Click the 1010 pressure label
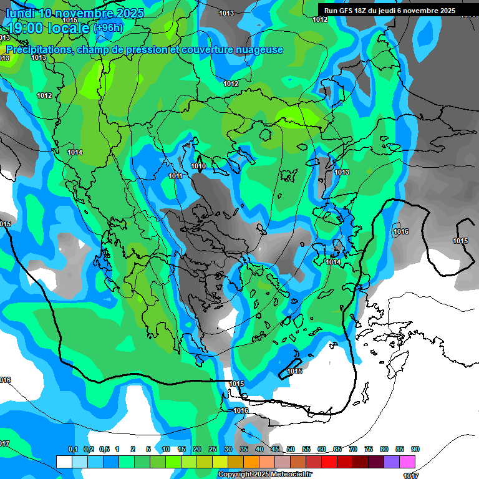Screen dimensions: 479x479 198,166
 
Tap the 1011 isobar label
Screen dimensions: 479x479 175,177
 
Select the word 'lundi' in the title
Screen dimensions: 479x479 20,13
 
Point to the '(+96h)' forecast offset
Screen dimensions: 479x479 108,28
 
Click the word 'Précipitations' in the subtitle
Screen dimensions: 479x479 38,49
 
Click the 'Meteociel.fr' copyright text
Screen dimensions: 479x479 287,475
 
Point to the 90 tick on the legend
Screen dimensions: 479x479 415,449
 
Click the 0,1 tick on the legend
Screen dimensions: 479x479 72,449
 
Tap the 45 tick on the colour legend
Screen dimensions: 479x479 275,449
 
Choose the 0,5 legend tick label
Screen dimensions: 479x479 104,449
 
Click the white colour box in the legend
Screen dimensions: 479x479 64,462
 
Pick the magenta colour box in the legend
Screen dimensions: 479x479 407,462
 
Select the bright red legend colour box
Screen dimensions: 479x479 329,462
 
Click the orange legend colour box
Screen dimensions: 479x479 251,462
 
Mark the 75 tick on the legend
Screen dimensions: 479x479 369,449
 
